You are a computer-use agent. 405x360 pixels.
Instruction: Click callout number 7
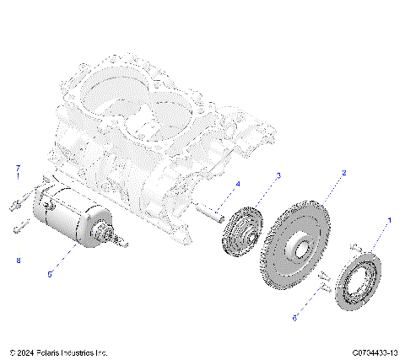click(17, 169)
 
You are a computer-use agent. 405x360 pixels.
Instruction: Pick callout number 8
click(17, 261)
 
